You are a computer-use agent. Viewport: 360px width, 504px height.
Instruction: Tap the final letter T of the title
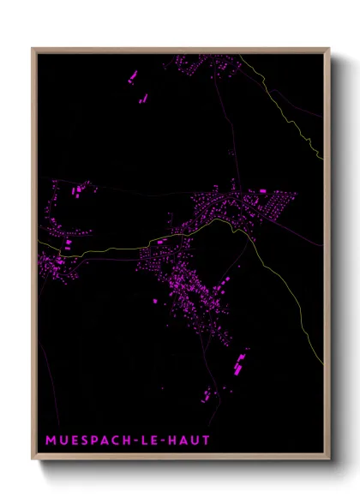click(x=206, y=441)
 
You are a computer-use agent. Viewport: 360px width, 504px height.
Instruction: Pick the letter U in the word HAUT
click(x=195, y=441)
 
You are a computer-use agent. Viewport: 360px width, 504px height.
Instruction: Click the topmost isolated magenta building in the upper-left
click(x=133, y=78)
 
